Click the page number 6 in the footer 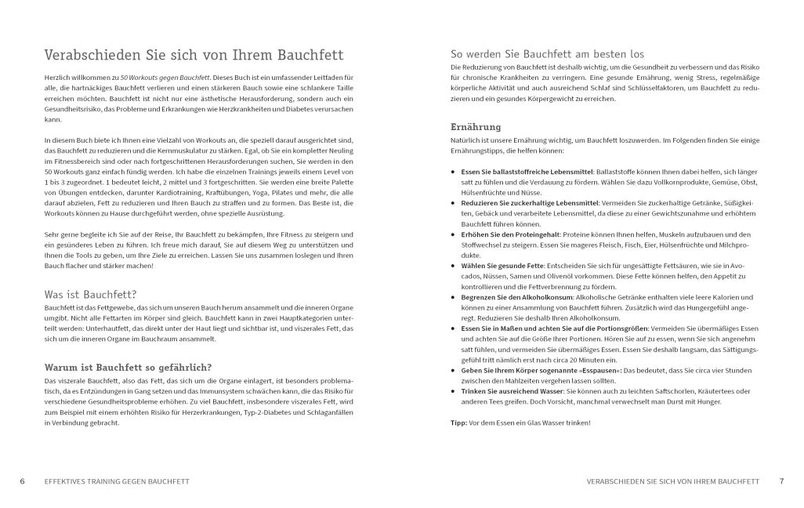tap(23, 480)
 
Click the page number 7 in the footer tap(781, 480)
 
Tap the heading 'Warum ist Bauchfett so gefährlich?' tap(129, 367)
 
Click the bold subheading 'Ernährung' tap(476, 126)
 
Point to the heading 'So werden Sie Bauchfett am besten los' tap(547, 54)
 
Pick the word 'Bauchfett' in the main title tap(310, 56)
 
